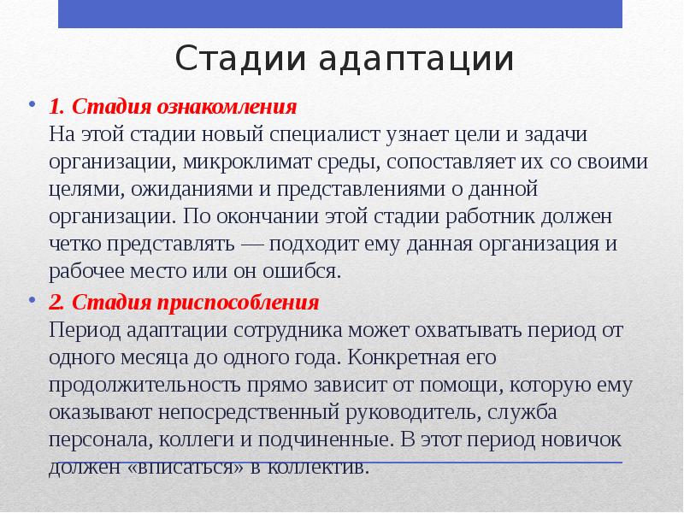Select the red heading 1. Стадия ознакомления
[173, 109]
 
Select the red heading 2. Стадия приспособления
[184, 304]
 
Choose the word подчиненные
[334, 440]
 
